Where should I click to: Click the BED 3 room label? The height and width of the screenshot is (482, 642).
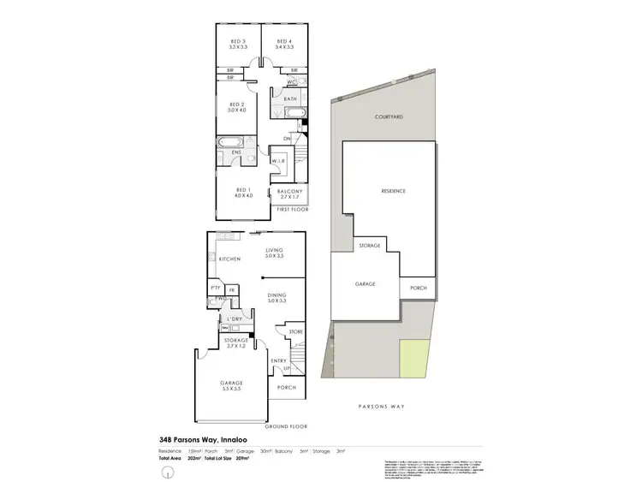pos(238,42)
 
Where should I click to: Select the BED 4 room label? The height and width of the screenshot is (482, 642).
pos(284,42)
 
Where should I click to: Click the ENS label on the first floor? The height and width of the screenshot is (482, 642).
pos(238,152)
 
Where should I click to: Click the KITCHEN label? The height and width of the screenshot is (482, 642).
pos(229,258)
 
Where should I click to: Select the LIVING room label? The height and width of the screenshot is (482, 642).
pos(274,251)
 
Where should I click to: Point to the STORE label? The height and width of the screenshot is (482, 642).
pos(296,331)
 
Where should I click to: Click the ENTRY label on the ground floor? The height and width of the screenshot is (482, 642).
pos(278,362)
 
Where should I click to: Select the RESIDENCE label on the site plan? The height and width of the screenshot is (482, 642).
pos(392,191)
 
